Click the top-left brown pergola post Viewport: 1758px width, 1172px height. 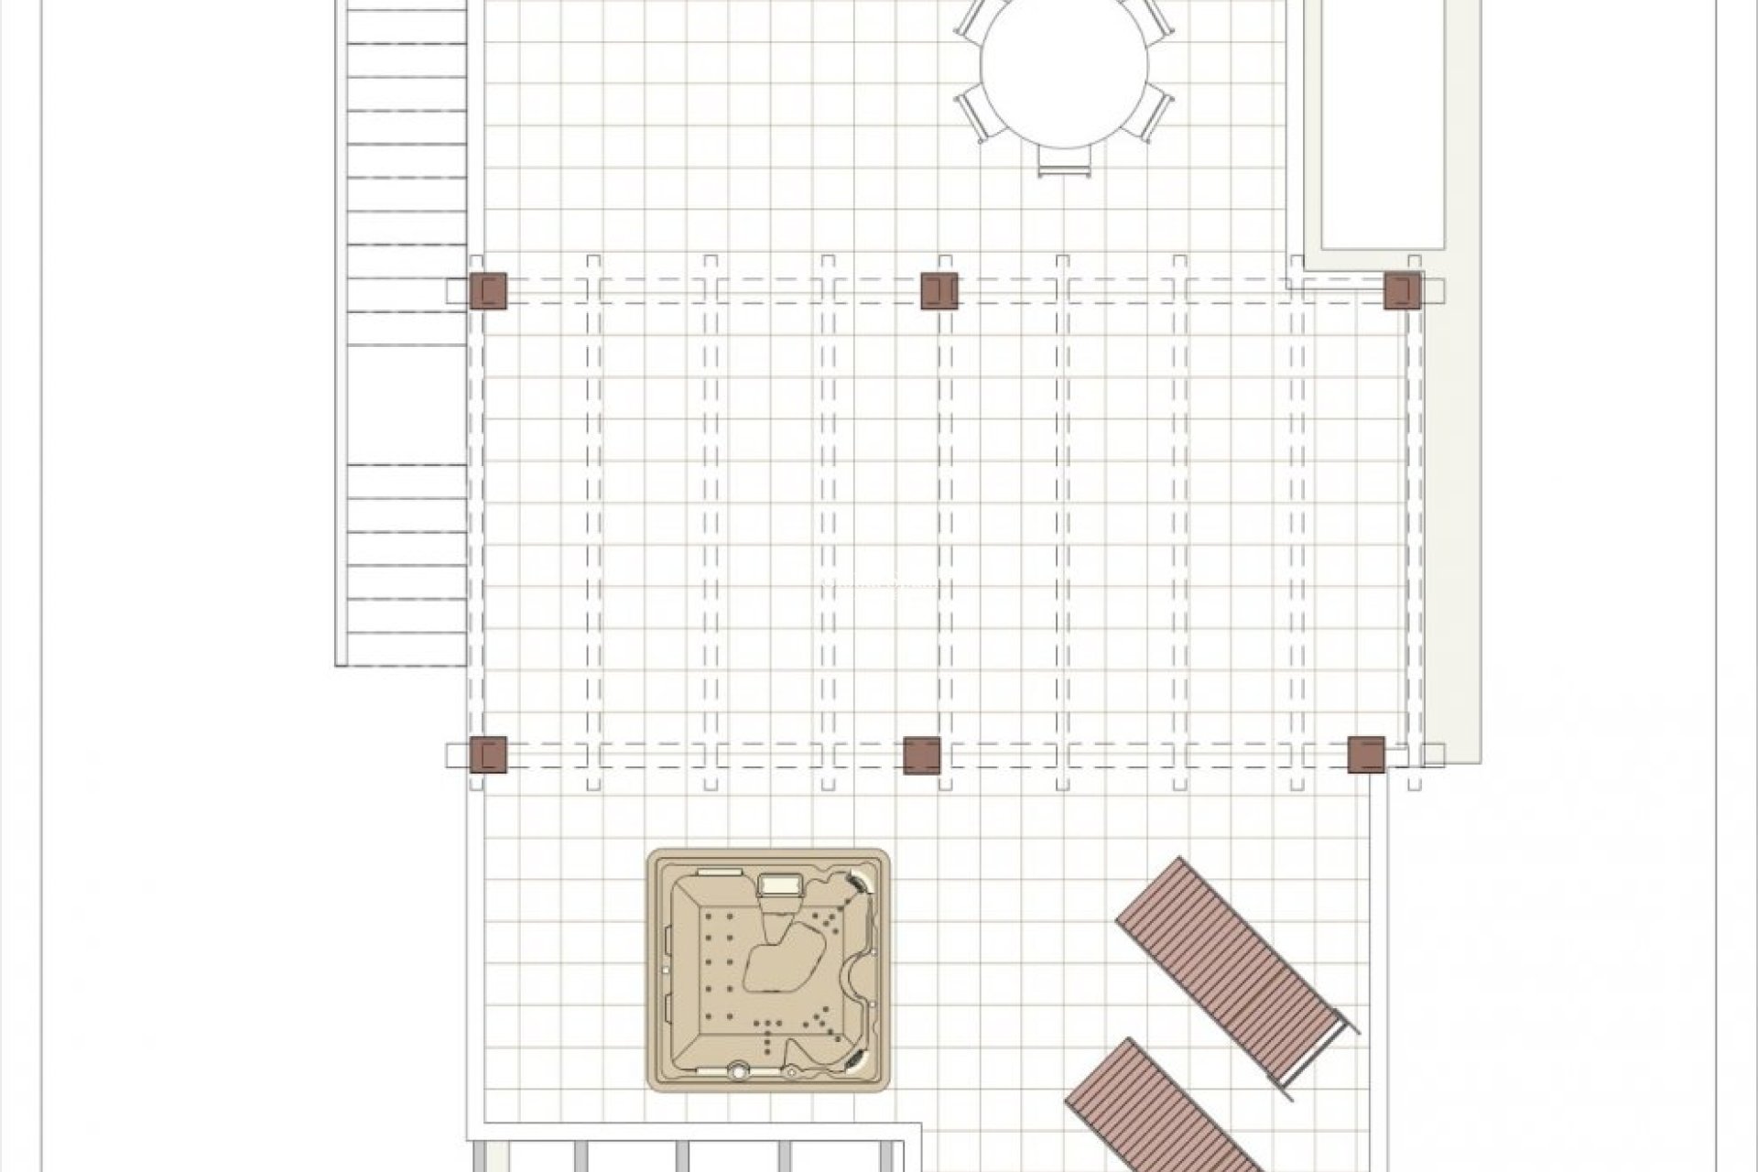tap(487, 290)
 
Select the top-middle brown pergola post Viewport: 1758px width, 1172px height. tap(939, 290)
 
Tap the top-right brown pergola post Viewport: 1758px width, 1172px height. tap(1401, 290)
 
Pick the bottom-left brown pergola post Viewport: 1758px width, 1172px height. tap(487, 754)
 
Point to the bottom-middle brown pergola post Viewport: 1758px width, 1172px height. tap(921, 754)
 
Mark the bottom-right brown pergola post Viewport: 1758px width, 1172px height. tap(1366, 754)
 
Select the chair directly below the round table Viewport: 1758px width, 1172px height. tap(1064, 162)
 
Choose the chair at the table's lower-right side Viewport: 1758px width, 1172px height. tap(1156, 113)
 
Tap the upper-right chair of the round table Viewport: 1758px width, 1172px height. tap(1156, 20)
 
